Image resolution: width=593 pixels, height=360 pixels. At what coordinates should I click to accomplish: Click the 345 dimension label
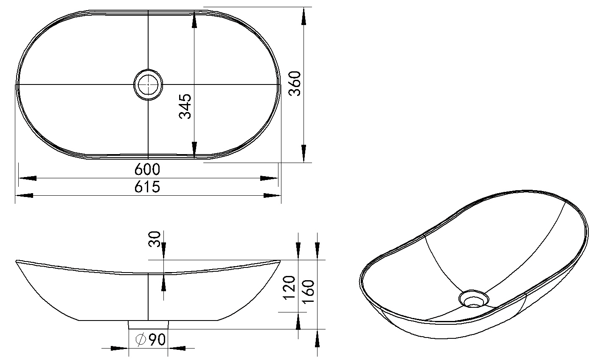coord(185,106)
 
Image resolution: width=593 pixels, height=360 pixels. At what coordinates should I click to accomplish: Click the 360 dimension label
coord(295,83)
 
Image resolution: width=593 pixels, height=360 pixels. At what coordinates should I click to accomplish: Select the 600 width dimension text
coord(147,169)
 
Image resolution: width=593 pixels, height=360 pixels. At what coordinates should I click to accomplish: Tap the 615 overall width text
coord(147,187)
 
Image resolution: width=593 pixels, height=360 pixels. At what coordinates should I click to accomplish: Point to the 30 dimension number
coord(155,239)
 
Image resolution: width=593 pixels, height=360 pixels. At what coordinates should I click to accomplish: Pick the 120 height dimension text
coord(289,288)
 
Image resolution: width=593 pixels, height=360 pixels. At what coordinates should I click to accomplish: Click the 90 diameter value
coord(157,340)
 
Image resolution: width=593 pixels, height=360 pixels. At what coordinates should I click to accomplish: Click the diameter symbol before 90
coord(141,340)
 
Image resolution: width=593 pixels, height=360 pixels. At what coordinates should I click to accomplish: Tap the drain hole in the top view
coord(148,85)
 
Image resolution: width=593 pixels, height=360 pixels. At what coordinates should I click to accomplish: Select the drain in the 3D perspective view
coord(474,298)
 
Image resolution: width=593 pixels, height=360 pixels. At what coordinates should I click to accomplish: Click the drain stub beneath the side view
coord(149,325)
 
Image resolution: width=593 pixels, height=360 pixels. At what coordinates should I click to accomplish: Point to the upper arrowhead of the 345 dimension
coord(194,20)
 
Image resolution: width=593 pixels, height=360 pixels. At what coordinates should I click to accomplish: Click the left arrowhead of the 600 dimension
coord(28,178)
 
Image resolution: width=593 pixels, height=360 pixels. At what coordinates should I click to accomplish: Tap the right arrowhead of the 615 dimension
coord(273,196)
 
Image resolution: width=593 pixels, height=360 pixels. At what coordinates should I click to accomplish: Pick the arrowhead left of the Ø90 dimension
coord(120,349)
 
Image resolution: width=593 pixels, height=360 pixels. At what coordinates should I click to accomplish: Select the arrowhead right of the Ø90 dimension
coord(177,349)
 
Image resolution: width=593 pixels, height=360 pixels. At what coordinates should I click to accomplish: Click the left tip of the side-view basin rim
coord(16,261)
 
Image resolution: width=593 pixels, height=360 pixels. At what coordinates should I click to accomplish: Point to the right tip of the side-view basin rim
coord(280,261)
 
